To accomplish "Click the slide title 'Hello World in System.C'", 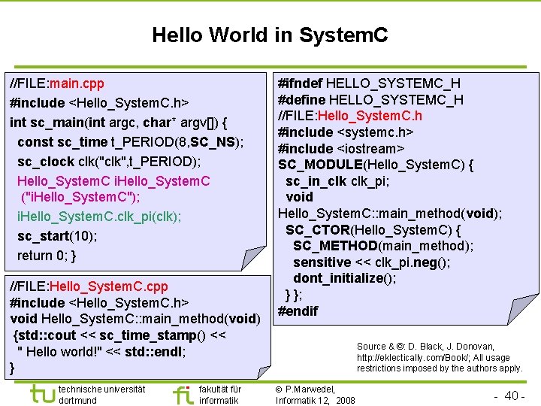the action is (270, 35).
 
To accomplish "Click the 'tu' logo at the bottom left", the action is (41, 393).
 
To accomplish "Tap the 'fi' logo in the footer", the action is (182, 393).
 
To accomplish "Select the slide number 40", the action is (514, 395).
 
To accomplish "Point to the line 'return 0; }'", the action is (47, 256).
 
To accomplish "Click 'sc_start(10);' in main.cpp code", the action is (57, 236).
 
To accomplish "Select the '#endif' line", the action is (298, 311).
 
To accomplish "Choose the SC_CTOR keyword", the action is (317, 229).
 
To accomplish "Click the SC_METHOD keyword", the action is (335, 246).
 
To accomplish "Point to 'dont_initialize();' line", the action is (344, 278).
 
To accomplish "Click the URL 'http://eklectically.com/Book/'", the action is (412, 358).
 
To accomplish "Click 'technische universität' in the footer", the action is (101, 389).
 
